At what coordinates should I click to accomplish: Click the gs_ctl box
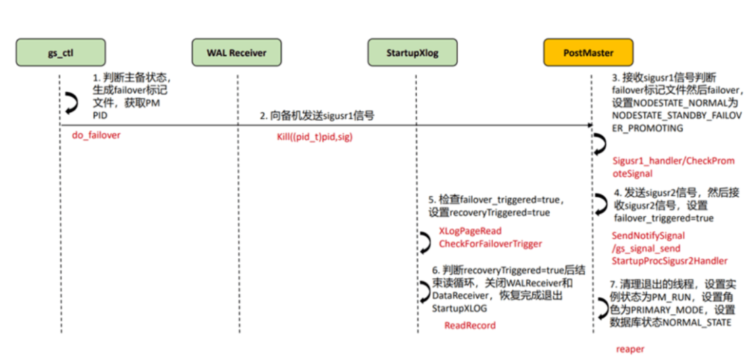pyautogui.click(x=61, y=53)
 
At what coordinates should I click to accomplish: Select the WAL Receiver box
pyautogui.click(x=237, y=53)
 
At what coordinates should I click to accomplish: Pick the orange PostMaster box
pyautogui.click(x=589, y=53)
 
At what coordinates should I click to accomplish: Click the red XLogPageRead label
pyautogui.click(x=470, y=231)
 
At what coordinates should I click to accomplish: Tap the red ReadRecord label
pyautogui.click(x=469, y=326)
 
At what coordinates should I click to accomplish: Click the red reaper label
pyautogui.click(x=629, y=349)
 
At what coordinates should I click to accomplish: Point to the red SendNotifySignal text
pyautogui.click(x=648, y=236)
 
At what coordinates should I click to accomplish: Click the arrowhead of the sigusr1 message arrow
pyautogui.click(x=588, y=125)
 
